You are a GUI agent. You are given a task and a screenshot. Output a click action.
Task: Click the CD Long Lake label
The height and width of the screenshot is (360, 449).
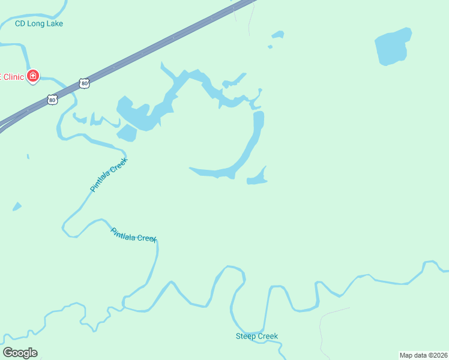pyautogui.click(x=39, y=23)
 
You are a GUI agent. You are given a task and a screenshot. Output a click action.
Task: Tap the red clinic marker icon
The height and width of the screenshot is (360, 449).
pyautogui.click(x=33, y=76)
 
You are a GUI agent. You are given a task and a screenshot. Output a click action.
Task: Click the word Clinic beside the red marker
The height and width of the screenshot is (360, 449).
pyautogui.click(x=14, y=77)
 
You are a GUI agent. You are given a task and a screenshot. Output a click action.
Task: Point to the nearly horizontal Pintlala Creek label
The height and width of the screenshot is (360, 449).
pyautogui.click(x=133, y=234)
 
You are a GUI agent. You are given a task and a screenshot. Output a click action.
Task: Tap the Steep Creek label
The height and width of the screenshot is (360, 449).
pyautogui.click(x=256, y=336)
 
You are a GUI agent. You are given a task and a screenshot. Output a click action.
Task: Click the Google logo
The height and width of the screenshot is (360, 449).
pyautogui.click(x=20, y=353)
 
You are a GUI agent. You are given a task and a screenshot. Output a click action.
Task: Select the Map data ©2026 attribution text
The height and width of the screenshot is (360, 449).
pyautogui.click(x=423, y=355)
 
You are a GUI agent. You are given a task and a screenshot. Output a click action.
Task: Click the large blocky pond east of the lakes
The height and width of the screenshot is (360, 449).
pyautogui.click(x=393, y=46)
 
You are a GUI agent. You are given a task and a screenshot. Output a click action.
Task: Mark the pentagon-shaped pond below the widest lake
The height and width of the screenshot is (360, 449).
pyautogui.click(x=127, y=133)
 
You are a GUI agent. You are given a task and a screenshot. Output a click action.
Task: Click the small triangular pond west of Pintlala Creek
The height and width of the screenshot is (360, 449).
pyautogui.click(x=17, y=207)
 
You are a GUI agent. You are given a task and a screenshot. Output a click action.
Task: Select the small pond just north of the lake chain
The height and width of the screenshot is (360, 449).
pyautogui.click(x=277, y=35)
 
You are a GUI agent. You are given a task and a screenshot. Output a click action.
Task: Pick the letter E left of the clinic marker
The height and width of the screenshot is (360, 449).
pyautogui.click(x=1, y=77)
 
